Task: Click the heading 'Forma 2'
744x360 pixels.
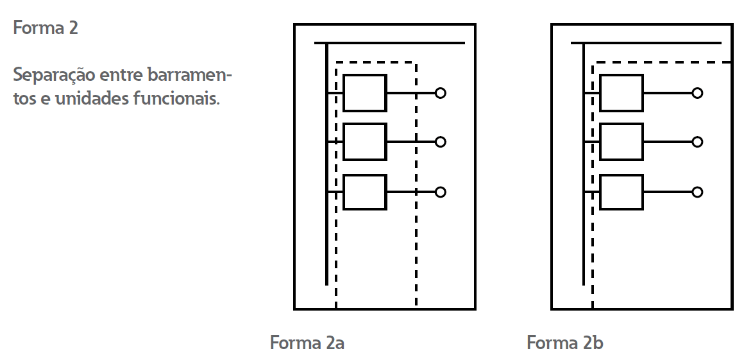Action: coord(46,28)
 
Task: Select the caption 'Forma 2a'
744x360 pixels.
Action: coord(307,343)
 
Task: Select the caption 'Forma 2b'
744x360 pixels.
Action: coord(565,343)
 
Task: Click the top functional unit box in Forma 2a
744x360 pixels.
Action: coord(365,93)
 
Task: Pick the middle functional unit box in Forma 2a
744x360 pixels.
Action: coord(365,142)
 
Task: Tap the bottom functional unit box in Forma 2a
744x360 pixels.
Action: coord(365,192)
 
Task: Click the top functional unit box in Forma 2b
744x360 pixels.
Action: coord(621,93)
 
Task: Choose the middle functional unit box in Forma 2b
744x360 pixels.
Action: coord(621,142)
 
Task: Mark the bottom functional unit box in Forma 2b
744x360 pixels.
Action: coord(621,192)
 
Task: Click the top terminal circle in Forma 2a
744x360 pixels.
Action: coord(440,93)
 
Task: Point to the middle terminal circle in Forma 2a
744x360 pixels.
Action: coord(440,142)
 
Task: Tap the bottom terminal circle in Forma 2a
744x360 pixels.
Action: coord(440,192)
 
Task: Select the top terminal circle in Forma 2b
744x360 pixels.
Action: coord(697,93)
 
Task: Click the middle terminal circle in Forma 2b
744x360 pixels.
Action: coord(697,142)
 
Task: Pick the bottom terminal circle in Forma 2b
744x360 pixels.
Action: coord(697,192)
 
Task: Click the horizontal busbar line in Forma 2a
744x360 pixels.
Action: coord(398,44)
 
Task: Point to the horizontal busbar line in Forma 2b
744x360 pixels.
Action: coord(654,44)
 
